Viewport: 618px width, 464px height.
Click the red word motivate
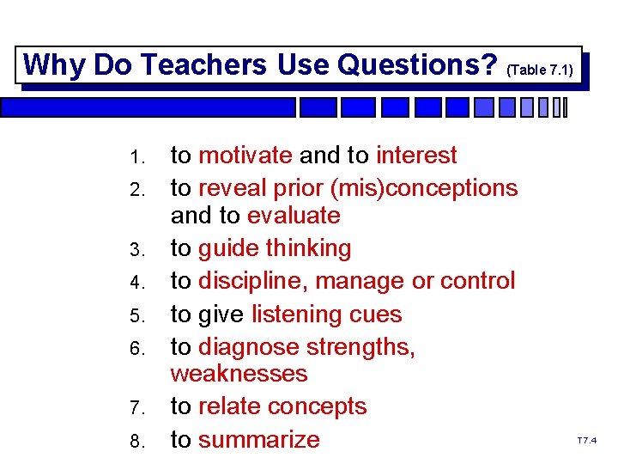click(245, 156)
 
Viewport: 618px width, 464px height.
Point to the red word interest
click(416, 156)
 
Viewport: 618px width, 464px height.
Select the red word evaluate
click(294, 215)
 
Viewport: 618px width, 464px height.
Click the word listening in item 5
click(297, 314)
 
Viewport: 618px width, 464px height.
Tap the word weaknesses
click(239, 374)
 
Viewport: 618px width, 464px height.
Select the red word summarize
click(258, 440)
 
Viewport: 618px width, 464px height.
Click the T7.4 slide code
click(586, 441)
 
